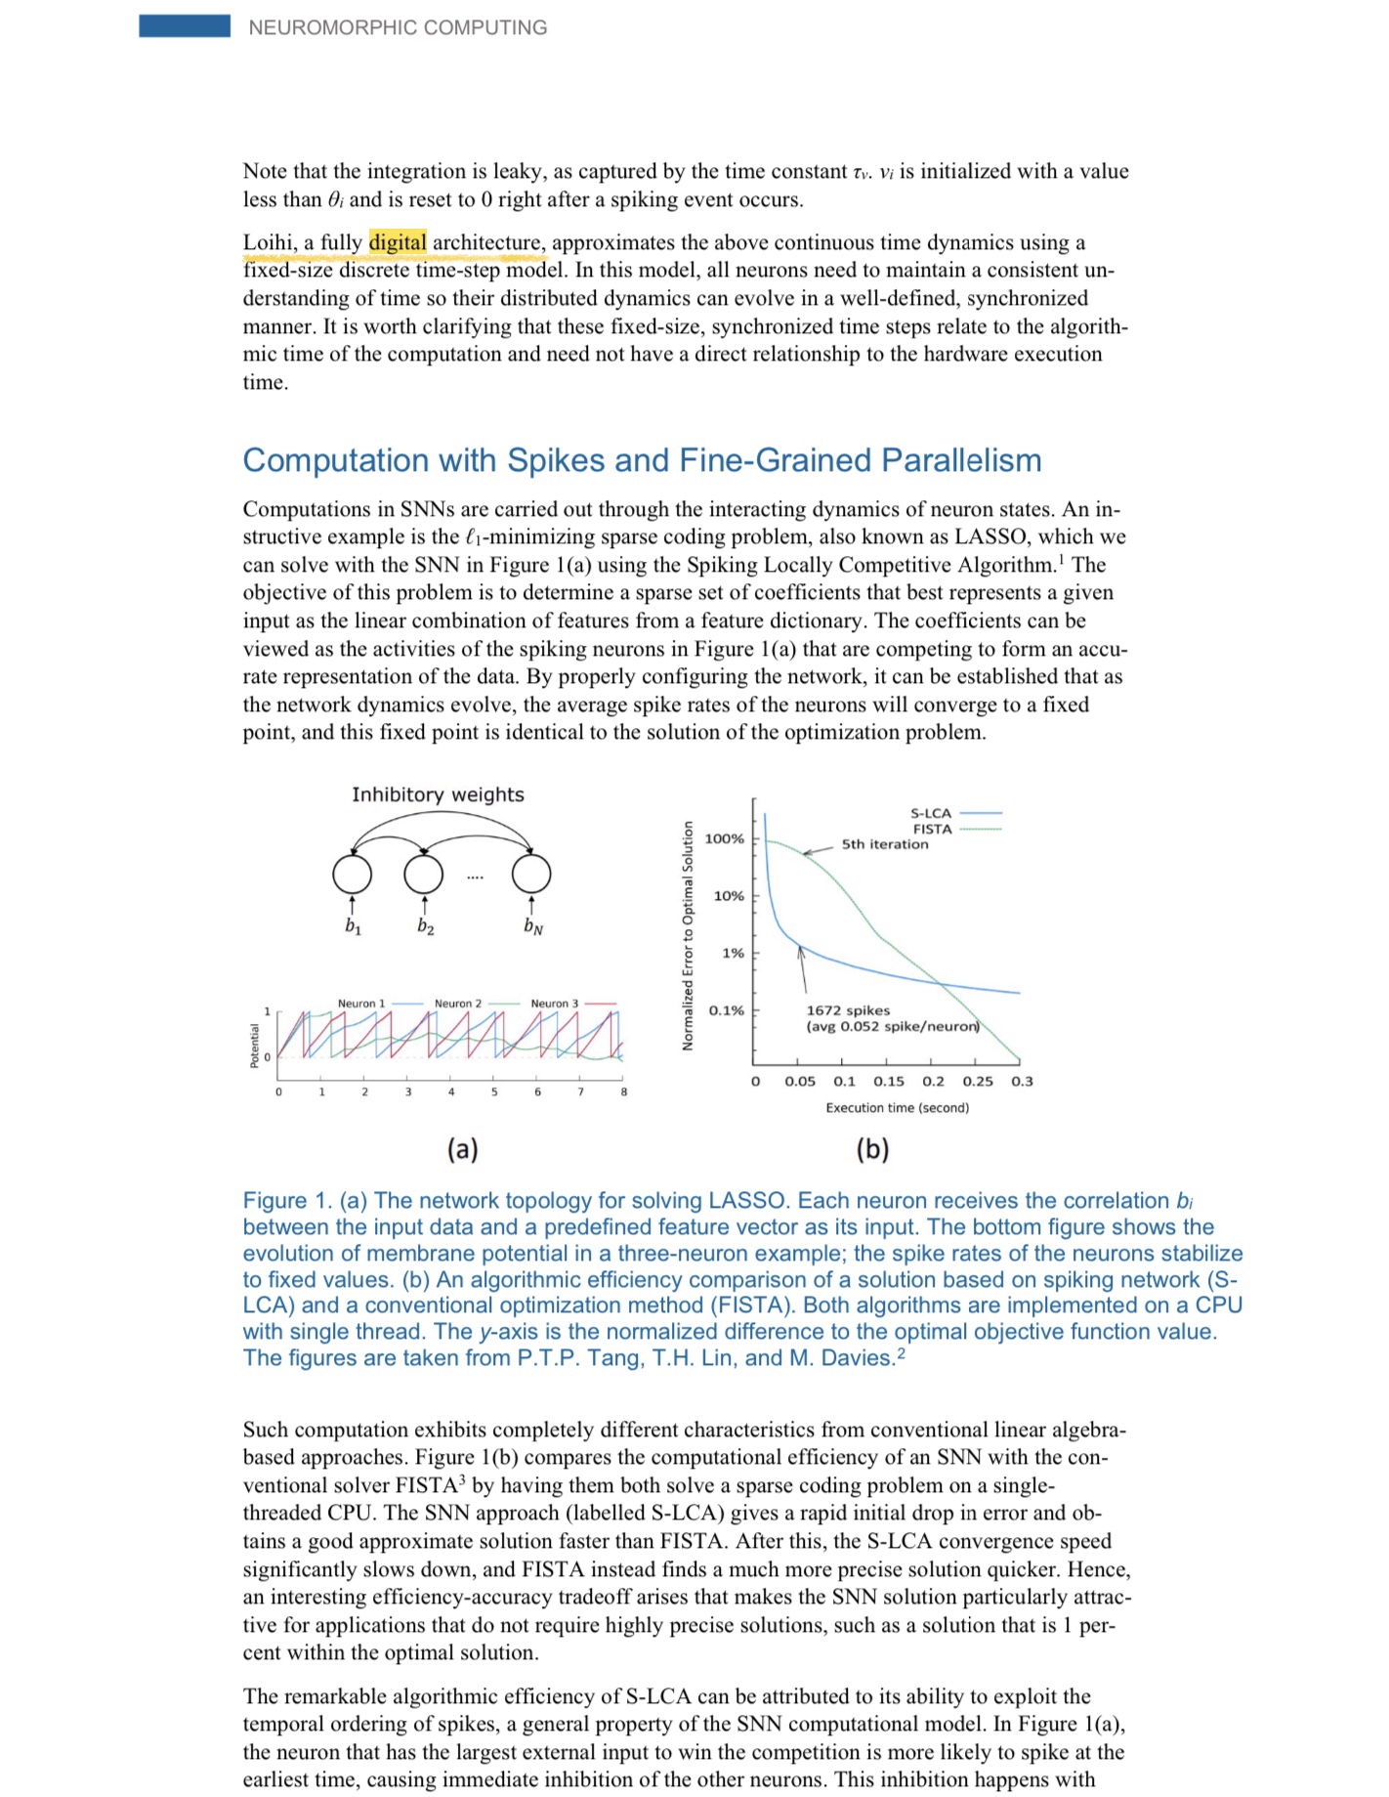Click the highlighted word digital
point(398,242)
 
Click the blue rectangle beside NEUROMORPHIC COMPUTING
point(185,26)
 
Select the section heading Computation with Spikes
point(642,460)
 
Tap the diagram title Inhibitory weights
point(438,794)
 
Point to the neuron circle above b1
point(352,874)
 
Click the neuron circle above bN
point(531,874)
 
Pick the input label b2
point(425,926)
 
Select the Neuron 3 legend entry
point(555,1004)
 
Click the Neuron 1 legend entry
point(361,1004)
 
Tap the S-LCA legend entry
point(931,813)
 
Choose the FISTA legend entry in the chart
point(932,829)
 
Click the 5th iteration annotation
point(885,844)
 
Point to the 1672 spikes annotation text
point(848,1010)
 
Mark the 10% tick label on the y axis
point(729,895)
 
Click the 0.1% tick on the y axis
point(726,1010)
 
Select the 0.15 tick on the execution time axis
point(889,1081)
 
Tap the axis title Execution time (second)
point(898,1107)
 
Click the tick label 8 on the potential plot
point(623,1091)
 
